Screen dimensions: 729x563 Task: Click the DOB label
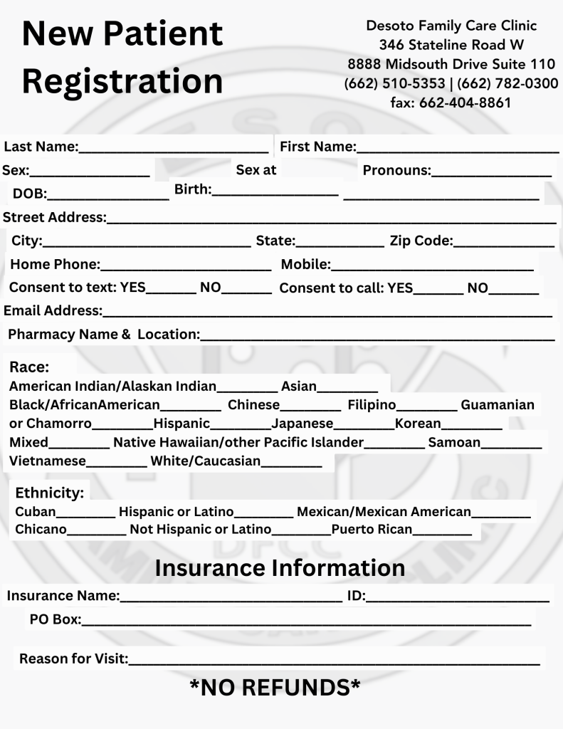[x=29, y=194]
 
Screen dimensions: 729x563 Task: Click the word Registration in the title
[x=122, y=80]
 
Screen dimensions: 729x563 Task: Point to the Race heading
[x=29, y=367]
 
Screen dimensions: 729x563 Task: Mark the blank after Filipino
[x=426, y=407]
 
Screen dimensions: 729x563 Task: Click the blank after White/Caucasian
[x=292, y=462]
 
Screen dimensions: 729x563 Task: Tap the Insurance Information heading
[x=280, y=568]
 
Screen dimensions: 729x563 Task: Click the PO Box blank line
[x=306, y=621]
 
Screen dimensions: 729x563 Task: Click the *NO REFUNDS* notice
[x=275, y=688]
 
